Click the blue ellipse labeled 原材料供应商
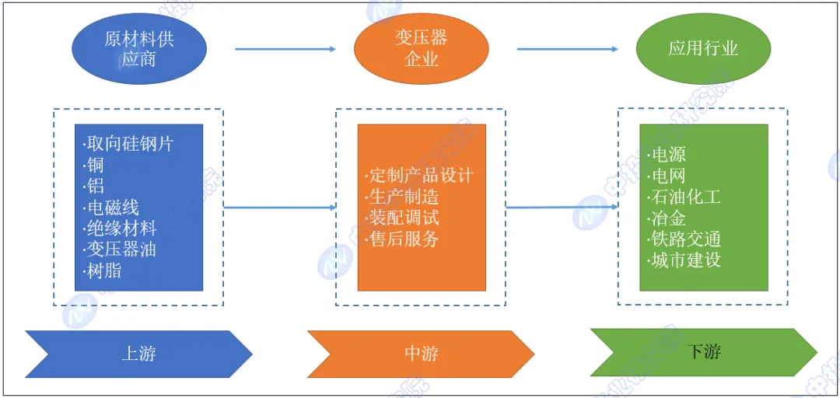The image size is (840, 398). coord(139,48)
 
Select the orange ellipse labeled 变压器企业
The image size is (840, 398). coord(422,48)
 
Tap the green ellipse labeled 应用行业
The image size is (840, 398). coord(703,48)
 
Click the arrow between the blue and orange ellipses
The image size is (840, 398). coord(285,49)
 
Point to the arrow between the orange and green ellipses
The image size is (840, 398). coord(567,49)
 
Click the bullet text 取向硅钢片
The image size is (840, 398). coord(128,144)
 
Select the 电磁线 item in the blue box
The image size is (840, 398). coord(112,208)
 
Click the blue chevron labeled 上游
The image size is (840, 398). coord(139,354)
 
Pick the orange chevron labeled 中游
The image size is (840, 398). coord(422,354)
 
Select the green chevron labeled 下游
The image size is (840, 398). coord(703,351)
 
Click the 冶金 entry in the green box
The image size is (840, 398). coord(668,218)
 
